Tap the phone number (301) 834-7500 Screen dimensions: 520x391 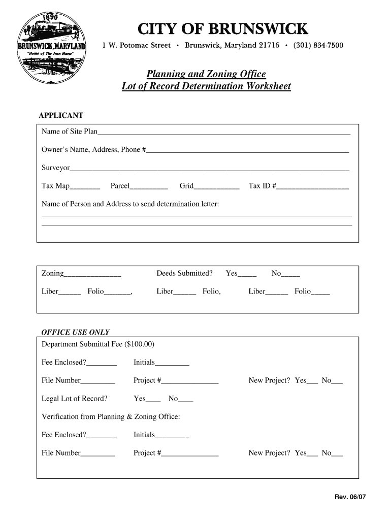pos(318,46)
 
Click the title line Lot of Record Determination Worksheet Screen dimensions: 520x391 pos(206,86)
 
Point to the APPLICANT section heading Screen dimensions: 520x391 pos(61,116)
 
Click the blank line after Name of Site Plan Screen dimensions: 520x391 pos(224,133)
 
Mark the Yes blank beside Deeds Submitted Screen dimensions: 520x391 pos(247,274)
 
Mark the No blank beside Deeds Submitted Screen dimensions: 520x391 pos(290,274)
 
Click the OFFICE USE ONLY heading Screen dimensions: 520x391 pos(75,333)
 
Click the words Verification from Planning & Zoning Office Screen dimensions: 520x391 pos(111,417)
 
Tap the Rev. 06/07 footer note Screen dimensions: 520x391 pos(349,497)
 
